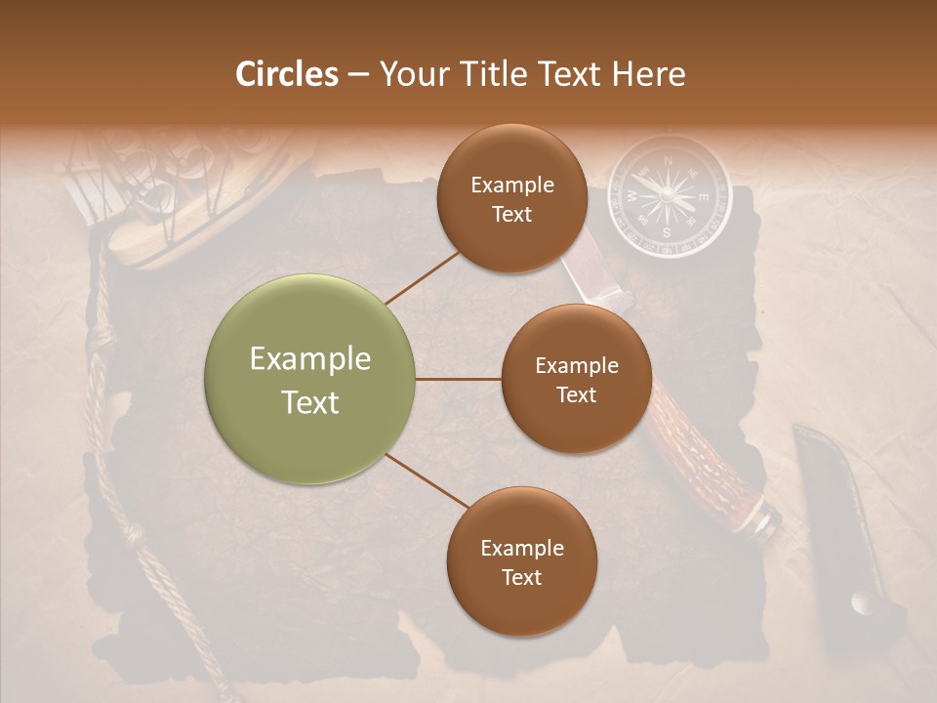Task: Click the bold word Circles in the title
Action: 287,74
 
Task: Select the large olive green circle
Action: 310,379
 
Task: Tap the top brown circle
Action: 511,198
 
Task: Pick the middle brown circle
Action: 576,379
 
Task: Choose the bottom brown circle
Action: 521,561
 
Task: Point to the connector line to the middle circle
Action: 458,379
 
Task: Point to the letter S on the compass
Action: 667,232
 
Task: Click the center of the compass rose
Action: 669,195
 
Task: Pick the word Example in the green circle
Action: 310,359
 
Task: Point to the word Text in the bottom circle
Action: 521,577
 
